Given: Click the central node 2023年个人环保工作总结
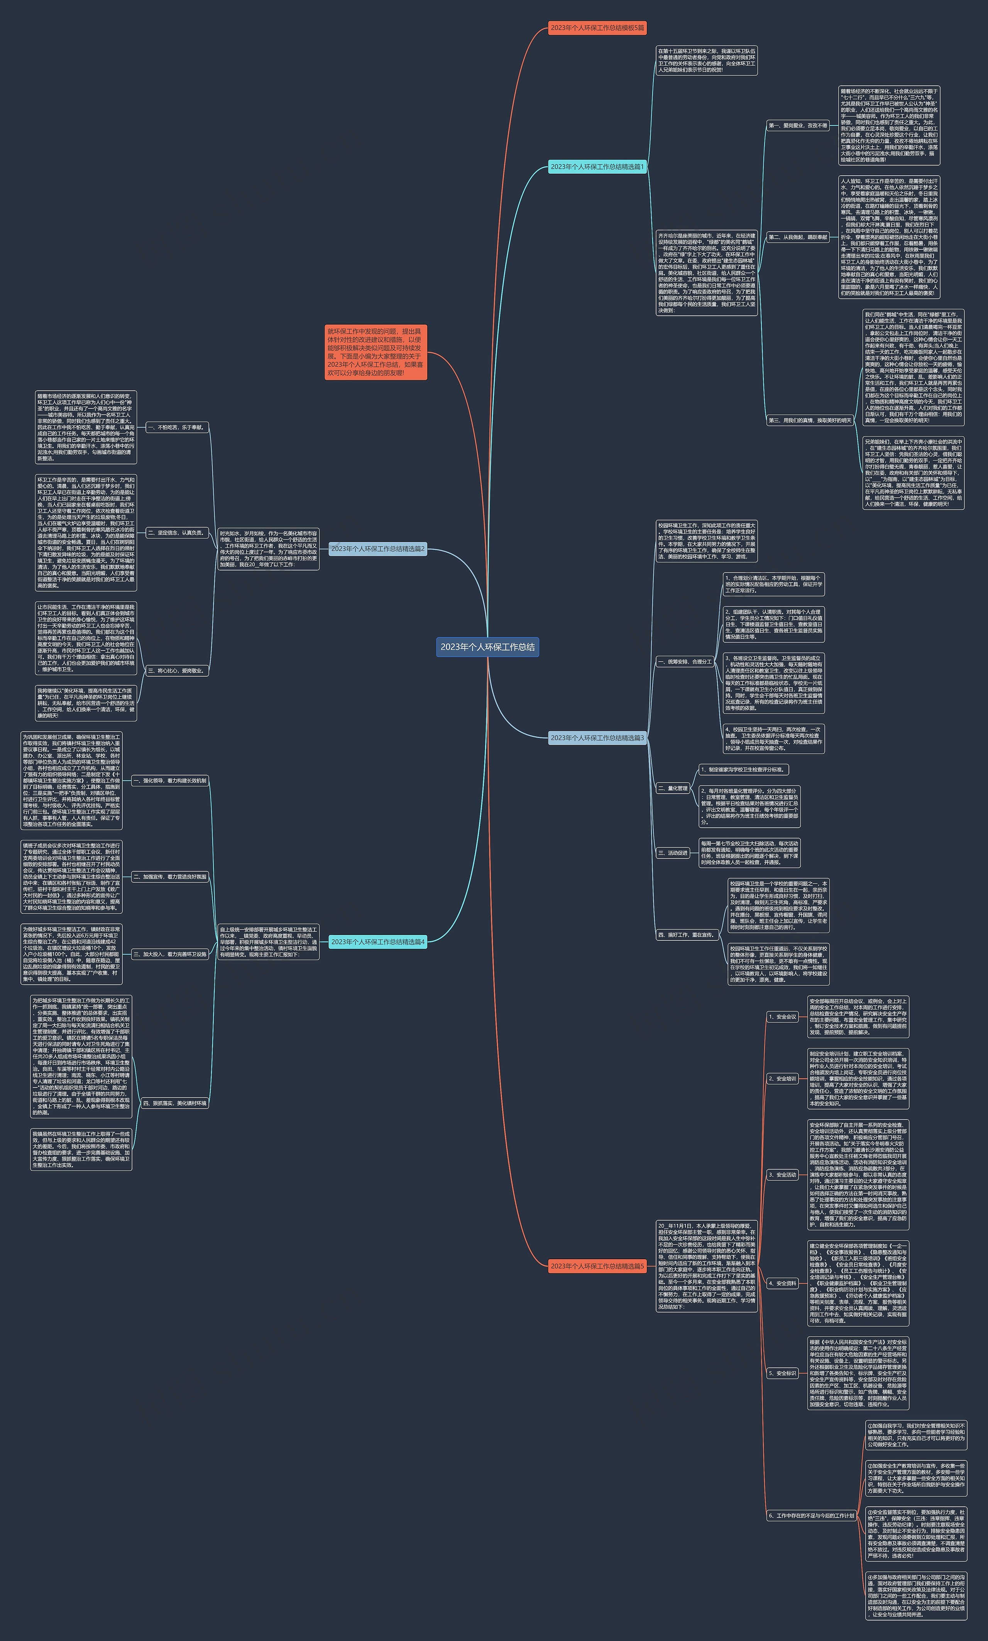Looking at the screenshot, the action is point(487,647).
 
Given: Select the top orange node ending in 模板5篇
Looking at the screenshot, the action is point(597,28).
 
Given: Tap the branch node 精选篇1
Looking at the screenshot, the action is point(597,166).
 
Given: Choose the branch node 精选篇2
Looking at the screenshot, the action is point(377,549).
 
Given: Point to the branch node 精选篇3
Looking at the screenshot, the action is point(597,738).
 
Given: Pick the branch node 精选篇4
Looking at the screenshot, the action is point(377,942).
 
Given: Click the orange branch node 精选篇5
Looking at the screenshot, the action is point(597,1265).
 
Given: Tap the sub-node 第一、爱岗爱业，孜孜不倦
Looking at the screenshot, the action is point(798,125).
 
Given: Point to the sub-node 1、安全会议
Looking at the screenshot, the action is point(782,1016).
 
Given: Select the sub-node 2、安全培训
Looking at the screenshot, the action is point(782,1079).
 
